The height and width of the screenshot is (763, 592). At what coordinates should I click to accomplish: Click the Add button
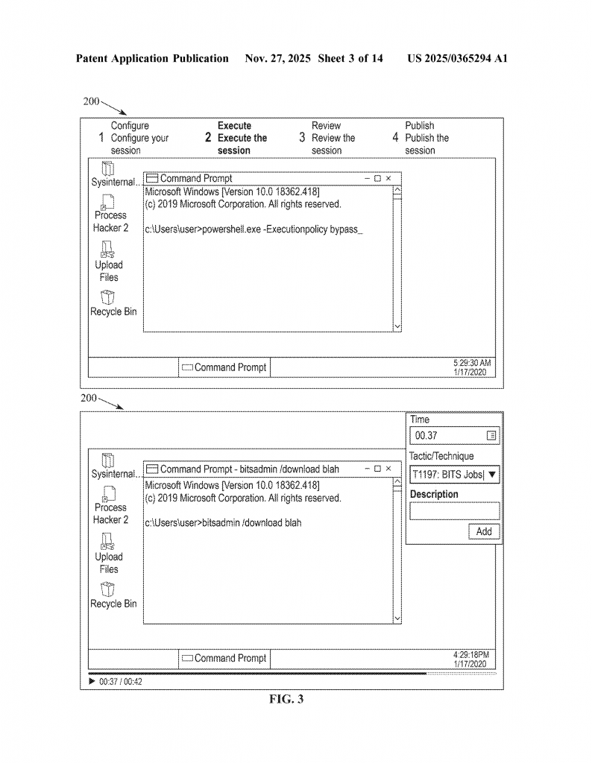[484, 531]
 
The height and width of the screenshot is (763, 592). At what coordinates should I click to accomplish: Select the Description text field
[454, 510]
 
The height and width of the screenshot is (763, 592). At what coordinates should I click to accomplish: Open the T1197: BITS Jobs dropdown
[492, 474]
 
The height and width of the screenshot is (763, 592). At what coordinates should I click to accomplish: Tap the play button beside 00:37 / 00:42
[92, 681]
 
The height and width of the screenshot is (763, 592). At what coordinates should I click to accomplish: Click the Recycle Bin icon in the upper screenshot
[110, 298]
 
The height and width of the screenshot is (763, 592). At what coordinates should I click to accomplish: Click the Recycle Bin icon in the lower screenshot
[110, 590]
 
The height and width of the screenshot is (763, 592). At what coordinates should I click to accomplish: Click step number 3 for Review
[302, 138]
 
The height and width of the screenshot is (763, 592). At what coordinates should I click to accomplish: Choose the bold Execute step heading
[234, 126]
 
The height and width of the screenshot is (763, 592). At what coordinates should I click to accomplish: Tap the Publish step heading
[419, 126]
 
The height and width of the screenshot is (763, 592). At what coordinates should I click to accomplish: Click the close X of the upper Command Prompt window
[388, 179]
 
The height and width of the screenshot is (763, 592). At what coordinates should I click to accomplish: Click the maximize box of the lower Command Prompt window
[377, 469]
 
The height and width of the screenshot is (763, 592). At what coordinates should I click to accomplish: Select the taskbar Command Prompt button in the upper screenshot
[224, 367]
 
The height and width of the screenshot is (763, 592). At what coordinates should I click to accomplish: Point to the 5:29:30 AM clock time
[472, 363]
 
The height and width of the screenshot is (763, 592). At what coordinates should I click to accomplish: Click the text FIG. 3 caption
[286, 699]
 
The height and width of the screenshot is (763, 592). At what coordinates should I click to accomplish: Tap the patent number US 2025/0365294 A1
[457, 58]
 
